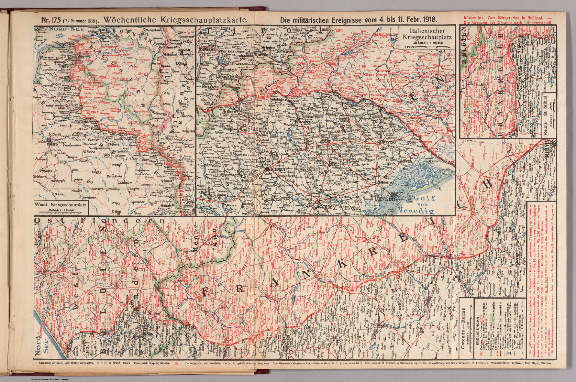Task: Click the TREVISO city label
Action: tap(389, 144)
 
